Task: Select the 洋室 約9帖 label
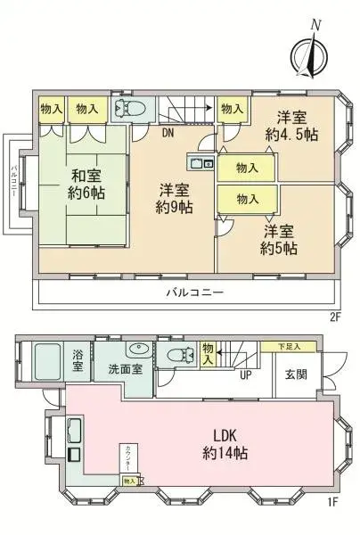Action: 176,199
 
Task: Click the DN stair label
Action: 168,135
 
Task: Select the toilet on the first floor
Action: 179,355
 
